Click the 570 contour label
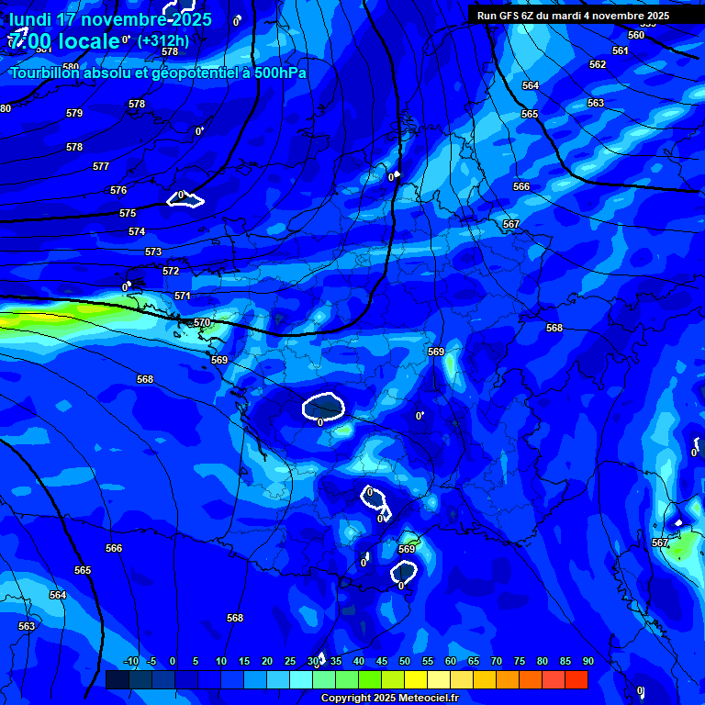click(202, 322)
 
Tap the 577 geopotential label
click(101, 166)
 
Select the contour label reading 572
click(171, 271)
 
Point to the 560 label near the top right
click(636, 35)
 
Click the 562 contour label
click(598, 64)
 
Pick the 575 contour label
click(128, 213)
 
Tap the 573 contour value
click(153, 252)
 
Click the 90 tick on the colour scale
click(587, 661)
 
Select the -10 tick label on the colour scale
click(130, 661)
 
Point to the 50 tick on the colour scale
click(405, 661)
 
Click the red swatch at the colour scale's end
click(576, 679)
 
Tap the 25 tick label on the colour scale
click(290, 661)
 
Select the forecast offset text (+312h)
click(162, 40)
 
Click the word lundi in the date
click(30, 19)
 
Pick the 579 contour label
click(74, 113)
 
